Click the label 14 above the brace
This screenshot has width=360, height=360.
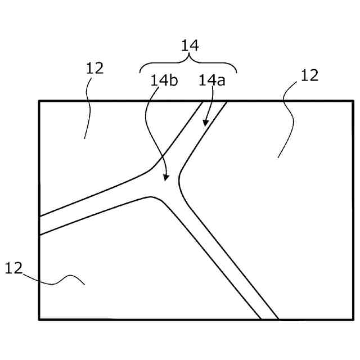[x=190, y=46]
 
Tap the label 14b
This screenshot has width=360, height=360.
[x=164, y=80]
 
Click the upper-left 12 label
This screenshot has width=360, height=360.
[x=94, y=68]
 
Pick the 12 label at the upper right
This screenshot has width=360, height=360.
[x=309, y=75]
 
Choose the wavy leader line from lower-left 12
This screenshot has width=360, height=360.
[x=56, y=280]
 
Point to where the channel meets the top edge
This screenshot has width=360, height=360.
[x=214, y=101]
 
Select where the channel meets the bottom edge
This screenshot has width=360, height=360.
[x=269, y=319]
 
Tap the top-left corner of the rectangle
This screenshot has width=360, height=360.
[x=39, y=101]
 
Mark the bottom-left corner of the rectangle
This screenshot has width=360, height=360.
[x=39, y=319]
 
